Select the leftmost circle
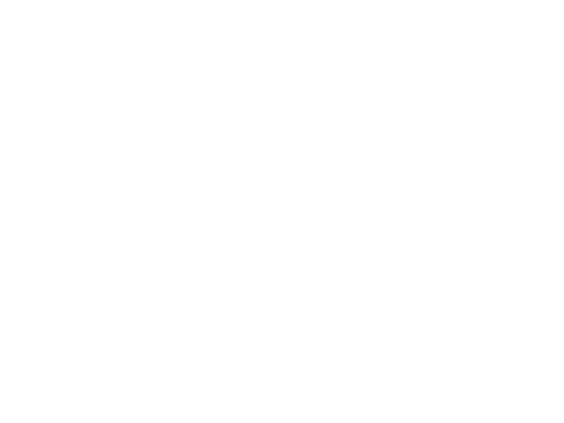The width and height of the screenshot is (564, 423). [66, 195]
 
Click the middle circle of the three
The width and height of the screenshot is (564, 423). [136, 195]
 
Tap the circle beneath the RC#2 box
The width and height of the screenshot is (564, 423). [265, 191]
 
